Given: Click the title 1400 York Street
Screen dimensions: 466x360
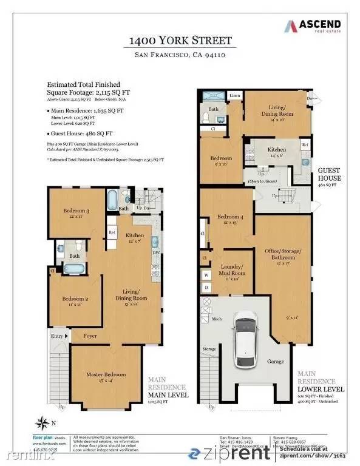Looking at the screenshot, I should point(180,41).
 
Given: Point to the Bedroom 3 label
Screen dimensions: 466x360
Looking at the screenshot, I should point(77,213).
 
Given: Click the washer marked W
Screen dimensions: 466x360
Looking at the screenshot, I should point(206,274).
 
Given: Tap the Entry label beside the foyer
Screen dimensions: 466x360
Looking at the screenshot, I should point(56,336).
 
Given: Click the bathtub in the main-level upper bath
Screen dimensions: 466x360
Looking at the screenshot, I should point(114,198).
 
